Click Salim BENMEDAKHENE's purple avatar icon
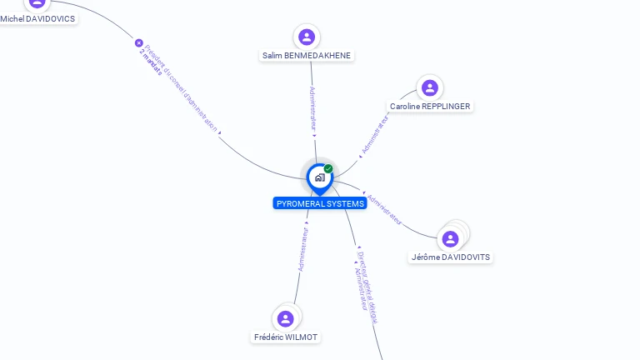tap(307, 37)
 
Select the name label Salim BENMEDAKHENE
tap(307, 56)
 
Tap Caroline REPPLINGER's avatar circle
tap(429, 87)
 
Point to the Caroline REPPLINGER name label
tap(430, 107)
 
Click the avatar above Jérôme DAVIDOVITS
tap(451, 239)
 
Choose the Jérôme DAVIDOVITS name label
tap(451, 257)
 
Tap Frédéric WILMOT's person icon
tap(286, 318)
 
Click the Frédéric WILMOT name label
tap(286, 337)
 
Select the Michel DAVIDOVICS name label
tap(37, 18)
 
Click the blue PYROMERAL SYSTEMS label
tap(320, 203)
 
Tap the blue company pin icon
tap(319, 177)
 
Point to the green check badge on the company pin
tap(328, 169)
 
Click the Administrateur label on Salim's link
tap(312, 111)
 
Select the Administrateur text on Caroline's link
tap(374, 136)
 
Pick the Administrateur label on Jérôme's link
tap(384, 210)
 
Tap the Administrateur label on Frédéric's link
tap(303, 249)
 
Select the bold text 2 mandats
tap(150, 62)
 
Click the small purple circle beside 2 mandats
tap(138, 42)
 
